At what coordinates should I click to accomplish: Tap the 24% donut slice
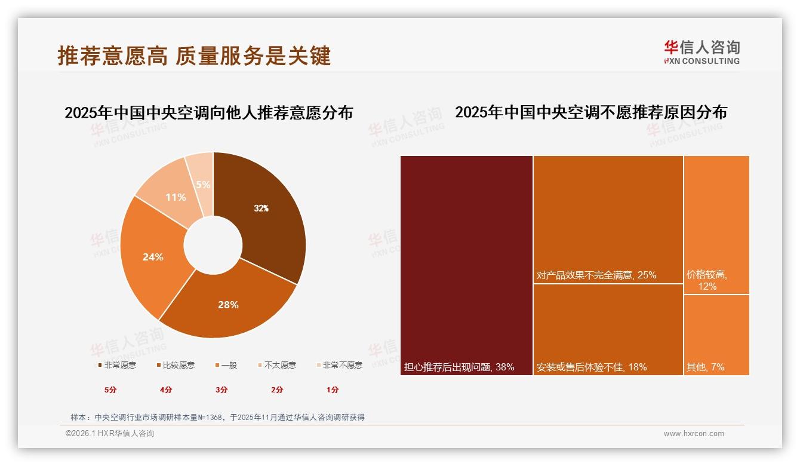tap(153, 257)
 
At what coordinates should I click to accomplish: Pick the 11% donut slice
tap(176, 197)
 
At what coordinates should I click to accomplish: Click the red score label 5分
tap(110, 390)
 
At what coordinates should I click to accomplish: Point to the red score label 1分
tap(333, 390)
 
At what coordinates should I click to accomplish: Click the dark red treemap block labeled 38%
tap(466, 265)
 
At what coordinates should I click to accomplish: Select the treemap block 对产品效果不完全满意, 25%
tap(608, 219)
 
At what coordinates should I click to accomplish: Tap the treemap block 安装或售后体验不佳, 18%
tap(608, 329)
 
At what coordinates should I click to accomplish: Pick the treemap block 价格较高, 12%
tap(716, 225)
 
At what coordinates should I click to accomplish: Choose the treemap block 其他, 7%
tap(716, 335)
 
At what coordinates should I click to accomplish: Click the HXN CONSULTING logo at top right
tap(702, 52)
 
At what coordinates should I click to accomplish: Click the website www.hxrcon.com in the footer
tap(694, 434)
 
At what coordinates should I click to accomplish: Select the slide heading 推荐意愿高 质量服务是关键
tap(194, 56)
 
